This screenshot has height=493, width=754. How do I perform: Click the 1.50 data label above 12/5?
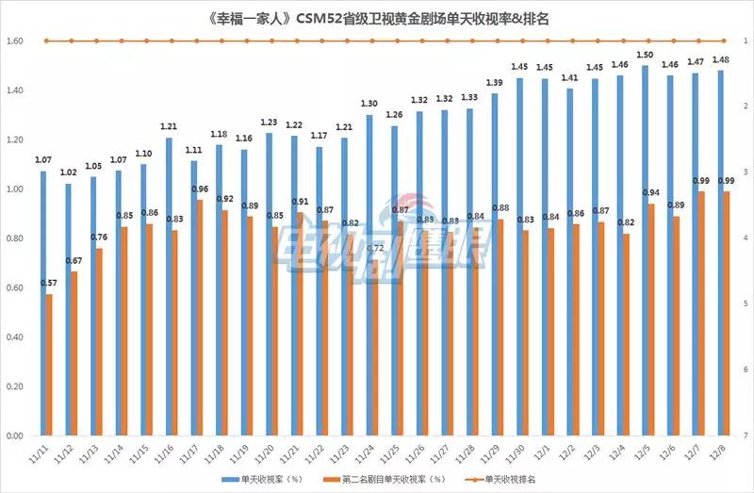pyautogui.click(x=646, y=56)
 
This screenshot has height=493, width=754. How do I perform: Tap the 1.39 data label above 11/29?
pyautogui.click(x=496, y=83)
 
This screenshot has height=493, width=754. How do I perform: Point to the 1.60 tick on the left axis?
pyautogui.click(x=13, y=41)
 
